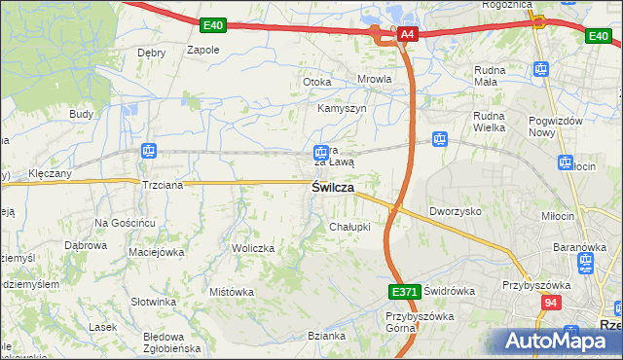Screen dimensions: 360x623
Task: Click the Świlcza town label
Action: click(332, 188)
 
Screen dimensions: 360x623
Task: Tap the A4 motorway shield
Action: click(407, 36)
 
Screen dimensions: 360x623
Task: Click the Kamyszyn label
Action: click(342, 109)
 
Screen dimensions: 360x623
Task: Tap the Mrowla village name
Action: click(375, 80)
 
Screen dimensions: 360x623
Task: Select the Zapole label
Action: click(202, 49)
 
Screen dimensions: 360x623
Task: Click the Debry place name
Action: click(151, 53)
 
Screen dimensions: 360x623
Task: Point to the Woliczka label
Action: click(253, 248)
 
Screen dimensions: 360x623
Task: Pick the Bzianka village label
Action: click(326, 337)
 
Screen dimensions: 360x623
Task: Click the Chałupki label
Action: click(349, 227)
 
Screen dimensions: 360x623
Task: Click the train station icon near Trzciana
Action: click(149, 151)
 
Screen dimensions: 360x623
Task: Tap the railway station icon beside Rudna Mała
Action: click(541, 69)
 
